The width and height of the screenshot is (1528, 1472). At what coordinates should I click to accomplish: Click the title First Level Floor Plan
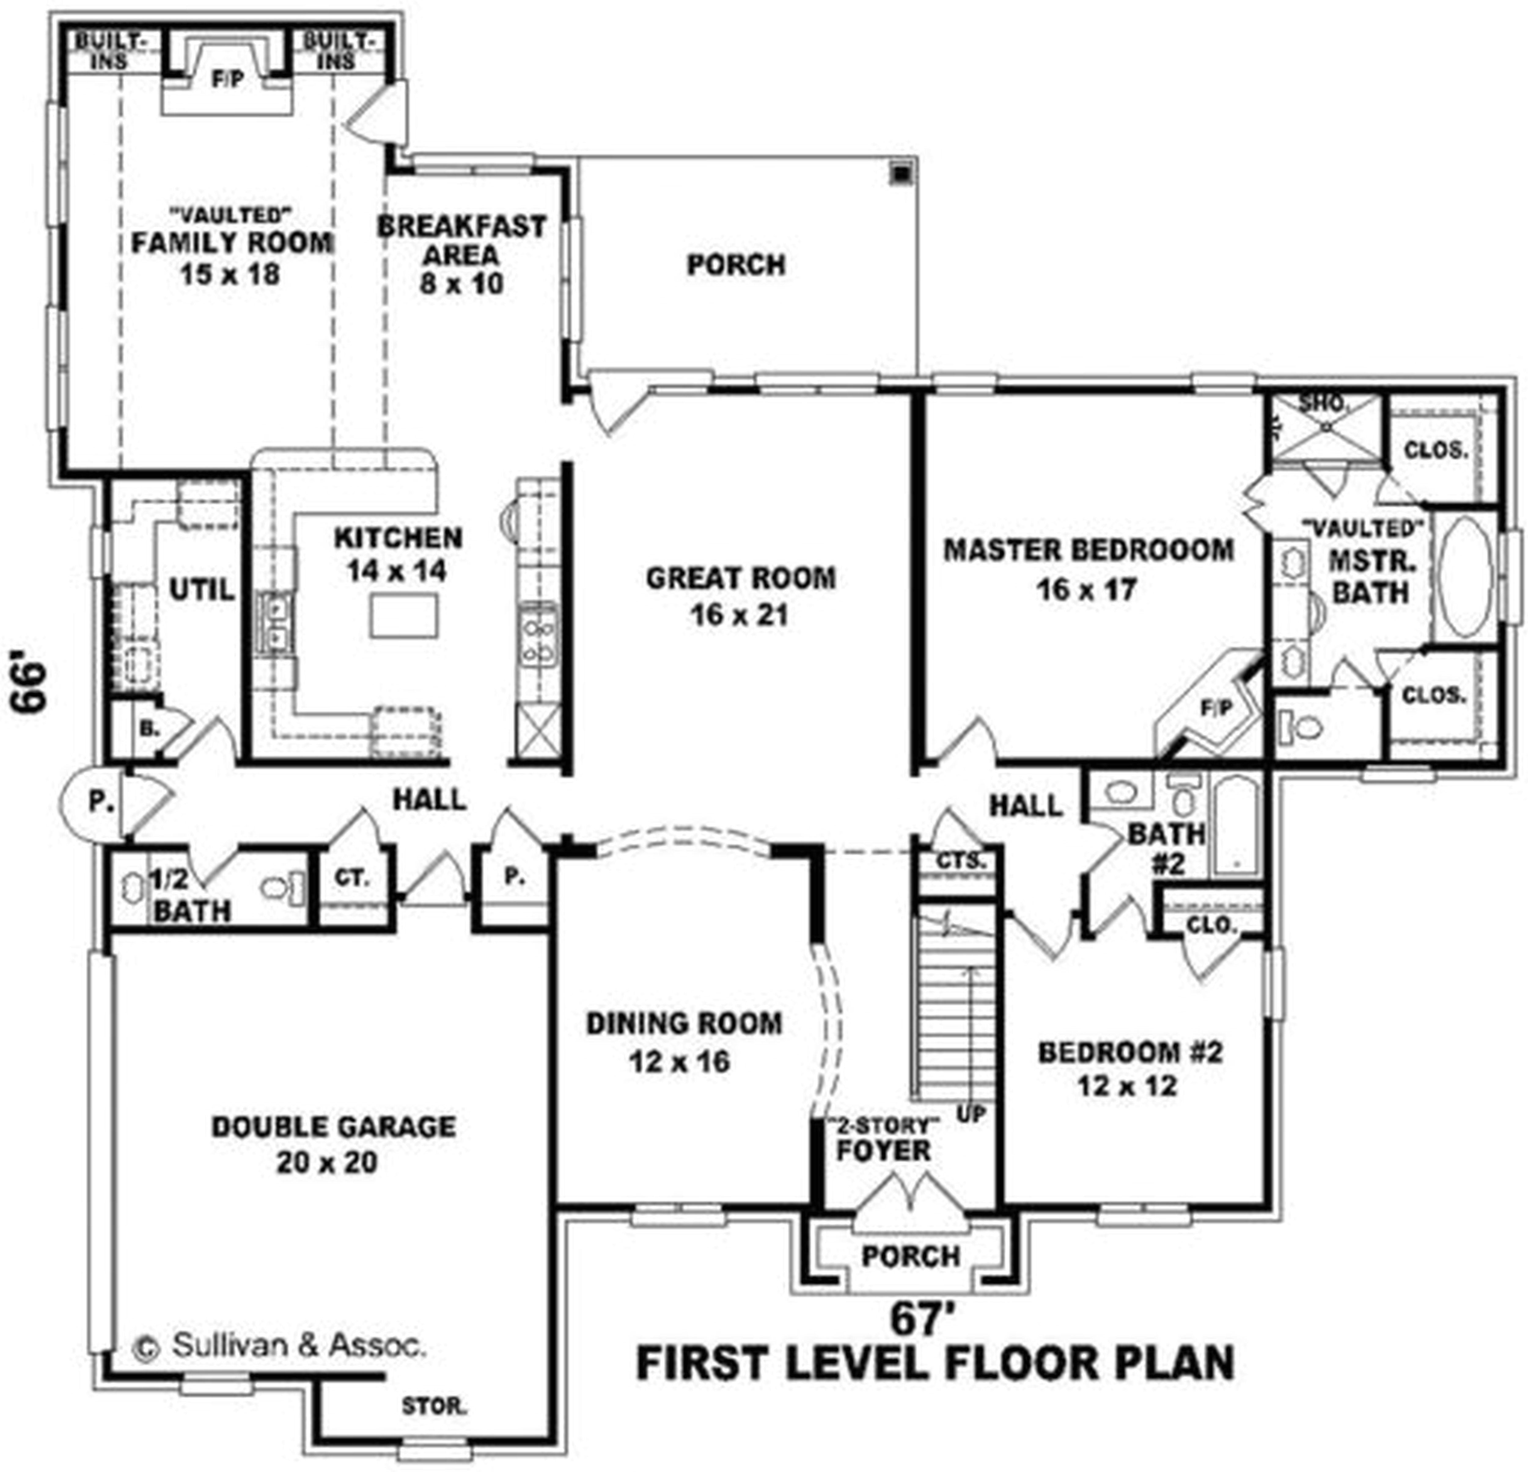(935, 1364)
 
